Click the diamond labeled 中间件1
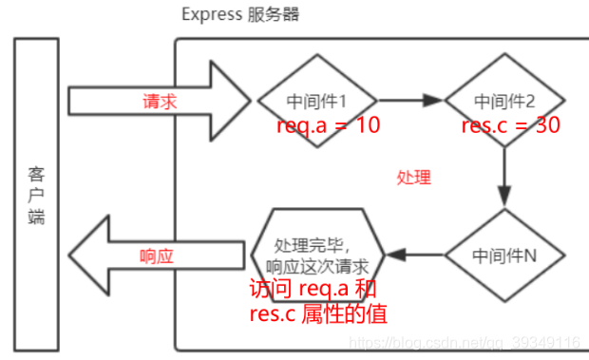point(316,99)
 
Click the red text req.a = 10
point(328,126)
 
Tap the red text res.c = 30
point(509,126)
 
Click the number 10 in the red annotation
point(367,126)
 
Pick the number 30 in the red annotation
point(546,126)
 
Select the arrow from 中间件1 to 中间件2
point(411,99)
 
